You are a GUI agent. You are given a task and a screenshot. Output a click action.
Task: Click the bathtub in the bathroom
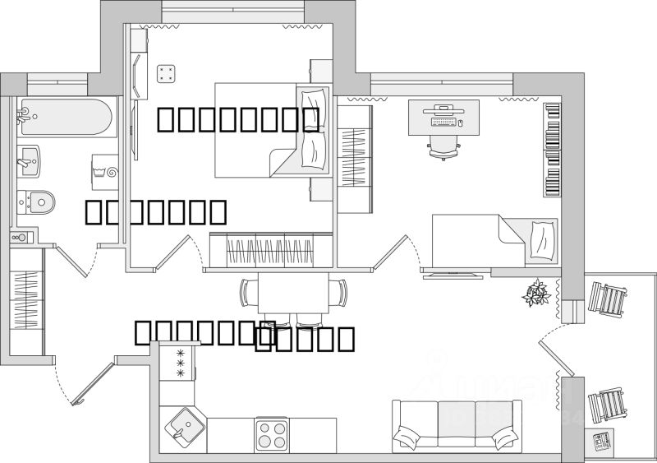tap(66, 119)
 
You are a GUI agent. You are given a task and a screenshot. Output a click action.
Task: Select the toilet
tap(37, 199)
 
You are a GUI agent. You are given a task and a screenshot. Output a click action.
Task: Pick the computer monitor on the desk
tap(443, 109)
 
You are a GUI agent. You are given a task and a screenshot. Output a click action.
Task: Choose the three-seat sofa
tap(456, 424)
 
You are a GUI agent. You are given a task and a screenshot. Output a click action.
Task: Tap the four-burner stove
tap(272, 433)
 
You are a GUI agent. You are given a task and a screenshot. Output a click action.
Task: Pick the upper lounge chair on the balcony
tap(609, 300)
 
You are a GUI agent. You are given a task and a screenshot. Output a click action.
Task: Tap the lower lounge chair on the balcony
tap(609, 404)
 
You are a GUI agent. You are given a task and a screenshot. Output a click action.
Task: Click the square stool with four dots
tap(167, 73)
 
